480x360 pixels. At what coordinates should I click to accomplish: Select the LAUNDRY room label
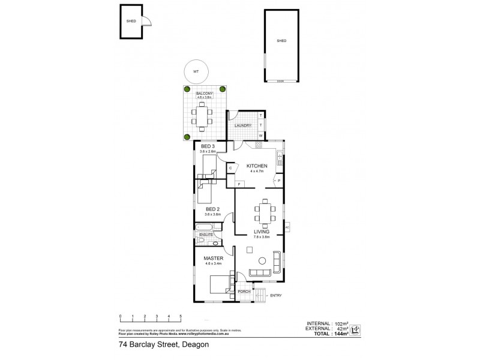click(242, 125)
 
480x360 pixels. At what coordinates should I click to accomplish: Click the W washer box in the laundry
click(261, 135)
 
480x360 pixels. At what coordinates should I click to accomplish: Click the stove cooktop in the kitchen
click(280, 159)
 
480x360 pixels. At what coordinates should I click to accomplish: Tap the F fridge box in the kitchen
click(239, 183)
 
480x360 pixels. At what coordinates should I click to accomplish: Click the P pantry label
click(280, 180)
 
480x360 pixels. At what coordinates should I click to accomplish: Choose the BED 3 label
click(208, 146)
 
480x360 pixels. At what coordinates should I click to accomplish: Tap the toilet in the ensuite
click(202, 241)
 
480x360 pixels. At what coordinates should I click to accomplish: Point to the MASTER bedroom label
click(214, 259)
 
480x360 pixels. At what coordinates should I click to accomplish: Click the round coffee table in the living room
click(262, 260)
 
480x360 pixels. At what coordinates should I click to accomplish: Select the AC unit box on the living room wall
click(287, 227)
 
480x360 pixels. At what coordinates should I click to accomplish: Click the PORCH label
click(244, 292)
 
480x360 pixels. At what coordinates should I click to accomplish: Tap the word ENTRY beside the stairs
click(276, 295)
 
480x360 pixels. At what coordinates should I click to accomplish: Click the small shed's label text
click(131, 21)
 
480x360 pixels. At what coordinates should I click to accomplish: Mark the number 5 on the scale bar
click(181, 316)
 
